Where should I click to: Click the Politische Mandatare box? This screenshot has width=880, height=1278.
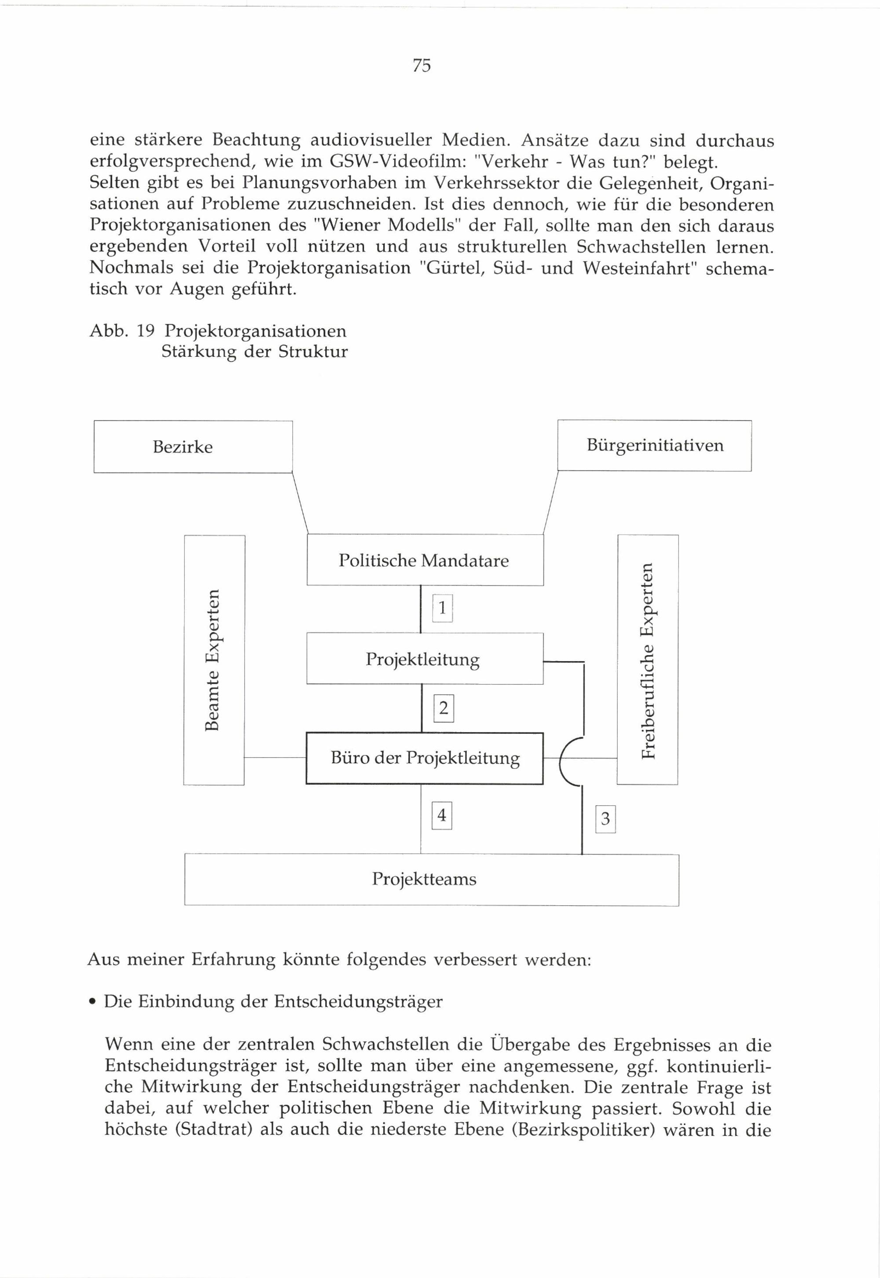tap(425, 560)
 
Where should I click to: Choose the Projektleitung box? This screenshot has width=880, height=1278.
tap(425, 659)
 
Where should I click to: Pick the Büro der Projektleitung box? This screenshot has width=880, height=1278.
tap(425, 758)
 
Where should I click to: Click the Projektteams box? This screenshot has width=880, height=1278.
tap(431, 879)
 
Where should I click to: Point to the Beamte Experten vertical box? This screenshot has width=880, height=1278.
tap(214, 660)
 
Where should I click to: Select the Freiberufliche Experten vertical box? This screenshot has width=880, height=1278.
tap(648, 660)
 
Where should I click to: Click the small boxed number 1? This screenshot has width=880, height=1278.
tap(442, 608)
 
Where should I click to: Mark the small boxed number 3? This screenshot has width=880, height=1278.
tap(605, 819)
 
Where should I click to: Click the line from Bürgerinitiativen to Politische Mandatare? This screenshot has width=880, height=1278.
tap(550, 503)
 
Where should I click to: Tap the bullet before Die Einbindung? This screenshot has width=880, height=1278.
tap(93, 1002)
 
